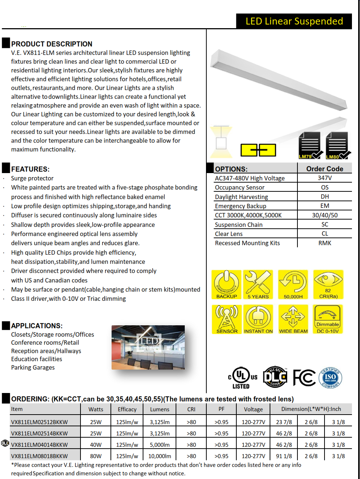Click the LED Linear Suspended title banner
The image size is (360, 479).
pyautogui.click(x=294, y=21)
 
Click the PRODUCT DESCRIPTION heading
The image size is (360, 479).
pyautogui.click(x=52, y=44)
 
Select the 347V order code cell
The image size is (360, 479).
pyautogui.click(x=325, y=178)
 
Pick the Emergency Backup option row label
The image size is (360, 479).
pyautogui.click(x=240, y=206)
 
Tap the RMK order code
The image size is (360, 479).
pyautogui.click(x=325, y=243)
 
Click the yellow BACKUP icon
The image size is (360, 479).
pyautogui.click(x=226, y=285)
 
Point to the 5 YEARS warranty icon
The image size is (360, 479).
pyautogui.click(x=258, y=285)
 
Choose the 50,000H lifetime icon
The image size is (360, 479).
pyautogui.click(x=293, y=285)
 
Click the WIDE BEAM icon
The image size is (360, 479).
pyautogui.click(x=293, y=319)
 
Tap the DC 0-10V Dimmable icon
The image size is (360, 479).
pyautogui.click(x=328, y=319)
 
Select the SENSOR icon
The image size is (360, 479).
pyautogui.click(x=226, y=319)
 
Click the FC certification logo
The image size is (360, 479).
pyautogui.click(x=304, y=378)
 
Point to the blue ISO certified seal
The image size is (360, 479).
pyautogui.click(x=330, y=377)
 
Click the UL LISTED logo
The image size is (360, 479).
pyautogui.click(x=242, y=378)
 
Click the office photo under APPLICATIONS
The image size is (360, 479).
pyautogui.click(x=148, y=347)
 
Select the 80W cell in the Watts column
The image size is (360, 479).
pyautogui.click(x=96, y=456)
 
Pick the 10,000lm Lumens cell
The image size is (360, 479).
pyautogui.click(x=160, y=456)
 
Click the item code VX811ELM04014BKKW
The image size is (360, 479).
pyautogui.click(x=40, y=445)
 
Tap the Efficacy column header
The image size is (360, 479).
pyautogui.click(x=127, y=409)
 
